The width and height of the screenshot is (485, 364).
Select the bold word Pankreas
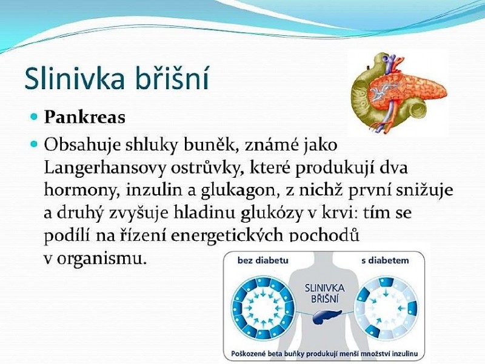tap(84, 117)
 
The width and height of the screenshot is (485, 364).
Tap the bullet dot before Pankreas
tap(35, 117)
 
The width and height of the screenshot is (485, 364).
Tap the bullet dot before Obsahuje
tap(35, 144)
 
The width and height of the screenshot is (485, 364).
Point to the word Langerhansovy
tap(104, 169)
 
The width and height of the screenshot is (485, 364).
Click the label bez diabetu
tap(263, 260)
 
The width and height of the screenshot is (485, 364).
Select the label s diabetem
tap(385, 260)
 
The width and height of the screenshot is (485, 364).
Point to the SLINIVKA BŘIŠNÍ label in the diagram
tap(325, 294)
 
